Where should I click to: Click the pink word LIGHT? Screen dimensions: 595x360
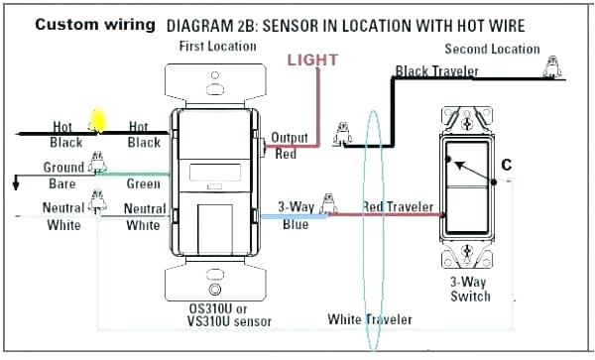(312, 60)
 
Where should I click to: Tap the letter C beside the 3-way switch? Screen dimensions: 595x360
(506, 165)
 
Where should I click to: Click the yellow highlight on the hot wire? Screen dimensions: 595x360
(98, 120)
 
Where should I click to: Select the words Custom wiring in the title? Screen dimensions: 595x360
(95, 25)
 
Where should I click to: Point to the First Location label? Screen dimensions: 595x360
(217, 47)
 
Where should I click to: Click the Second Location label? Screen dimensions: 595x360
(492, 49)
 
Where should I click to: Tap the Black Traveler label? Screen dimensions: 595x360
(436, 71)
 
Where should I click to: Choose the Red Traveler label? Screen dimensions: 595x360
(398, 207)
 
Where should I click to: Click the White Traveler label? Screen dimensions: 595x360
(370, 319)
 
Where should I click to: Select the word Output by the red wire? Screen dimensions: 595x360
(290, 138)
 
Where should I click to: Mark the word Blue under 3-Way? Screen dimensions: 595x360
(296, 224)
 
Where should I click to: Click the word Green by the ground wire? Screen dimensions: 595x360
(144, 183)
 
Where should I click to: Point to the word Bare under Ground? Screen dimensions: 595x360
(62, 183)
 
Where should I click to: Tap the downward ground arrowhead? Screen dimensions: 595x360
(16, 185)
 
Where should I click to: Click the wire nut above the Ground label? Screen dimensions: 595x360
(97, 162)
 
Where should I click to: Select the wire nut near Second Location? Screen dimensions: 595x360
(552, 66)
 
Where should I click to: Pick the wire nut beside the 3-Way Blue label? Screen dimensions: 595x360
(328, 203)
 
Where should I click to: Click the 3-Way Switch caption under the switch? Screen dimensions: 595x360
(470, 289)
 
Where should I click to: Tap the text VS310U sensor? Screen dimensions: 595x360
(229, 321)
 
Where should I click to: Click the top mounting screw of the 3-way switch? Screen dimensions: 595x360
(467, 122)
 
